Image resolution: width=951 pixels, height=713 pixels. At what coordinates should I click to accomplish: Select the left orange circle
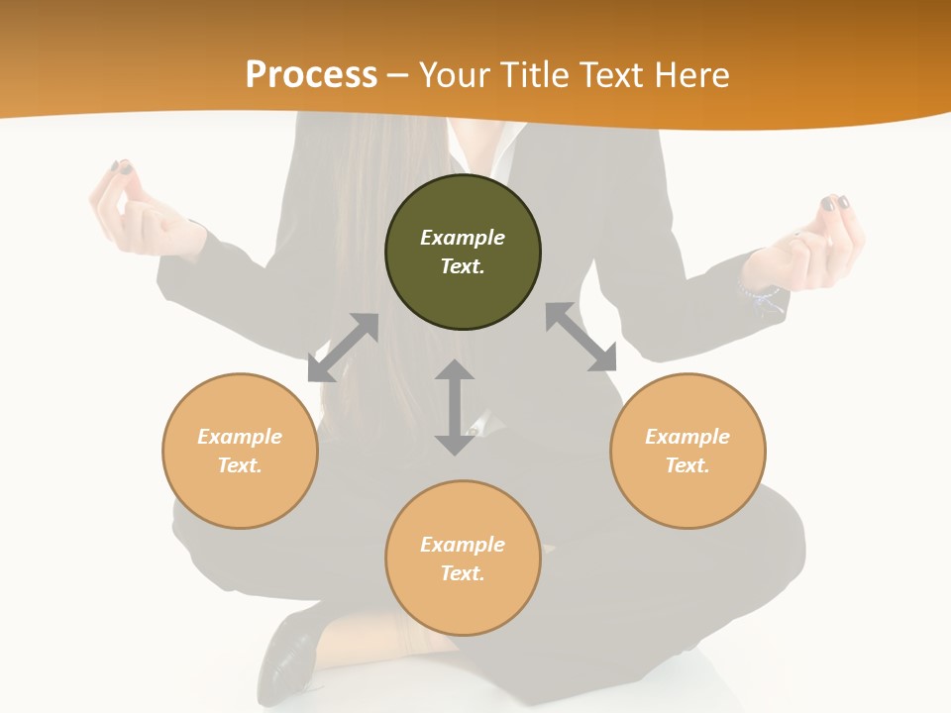tap(240, 451)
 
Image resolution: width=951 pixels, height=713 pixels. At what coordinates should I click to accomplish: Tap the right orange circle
tap(687, 451)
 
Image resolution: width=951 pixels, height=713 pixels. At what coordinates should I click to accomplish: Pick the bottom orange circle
tap(463, 559)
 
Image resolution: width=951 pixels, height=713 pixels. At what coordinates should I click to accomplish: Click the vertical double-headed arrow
tap(455, 407)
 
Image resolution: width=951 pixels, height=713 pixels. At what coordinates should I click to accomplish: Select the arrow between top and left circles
tap(343, 348)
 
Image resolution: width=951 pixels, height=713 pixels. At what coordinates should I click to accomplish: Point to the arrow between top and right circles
tap(581, 337)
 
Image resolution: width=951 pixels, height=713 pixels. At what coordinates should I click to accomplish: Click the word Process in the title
tap(311, 74)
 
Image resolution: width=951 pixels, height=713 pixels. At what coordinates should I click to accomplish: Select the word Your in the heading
tap(455, 74)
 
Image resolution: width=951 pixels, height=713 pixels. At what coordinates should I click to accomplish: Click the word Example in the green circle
tap(463, 238)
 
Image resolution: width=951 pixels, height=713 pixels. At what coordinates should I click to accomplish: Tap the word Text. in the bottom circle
tap(463, 573)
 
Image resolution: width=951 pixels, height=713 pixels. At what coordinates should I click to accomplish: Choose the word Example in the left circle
tap(240, 437)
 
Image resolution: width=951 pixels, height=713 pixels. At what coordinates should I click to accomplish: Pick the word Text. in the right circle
tap(687, 465)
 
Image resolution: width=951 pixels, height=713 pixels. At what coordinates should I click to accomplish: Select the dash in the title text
tap(398, 75)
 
